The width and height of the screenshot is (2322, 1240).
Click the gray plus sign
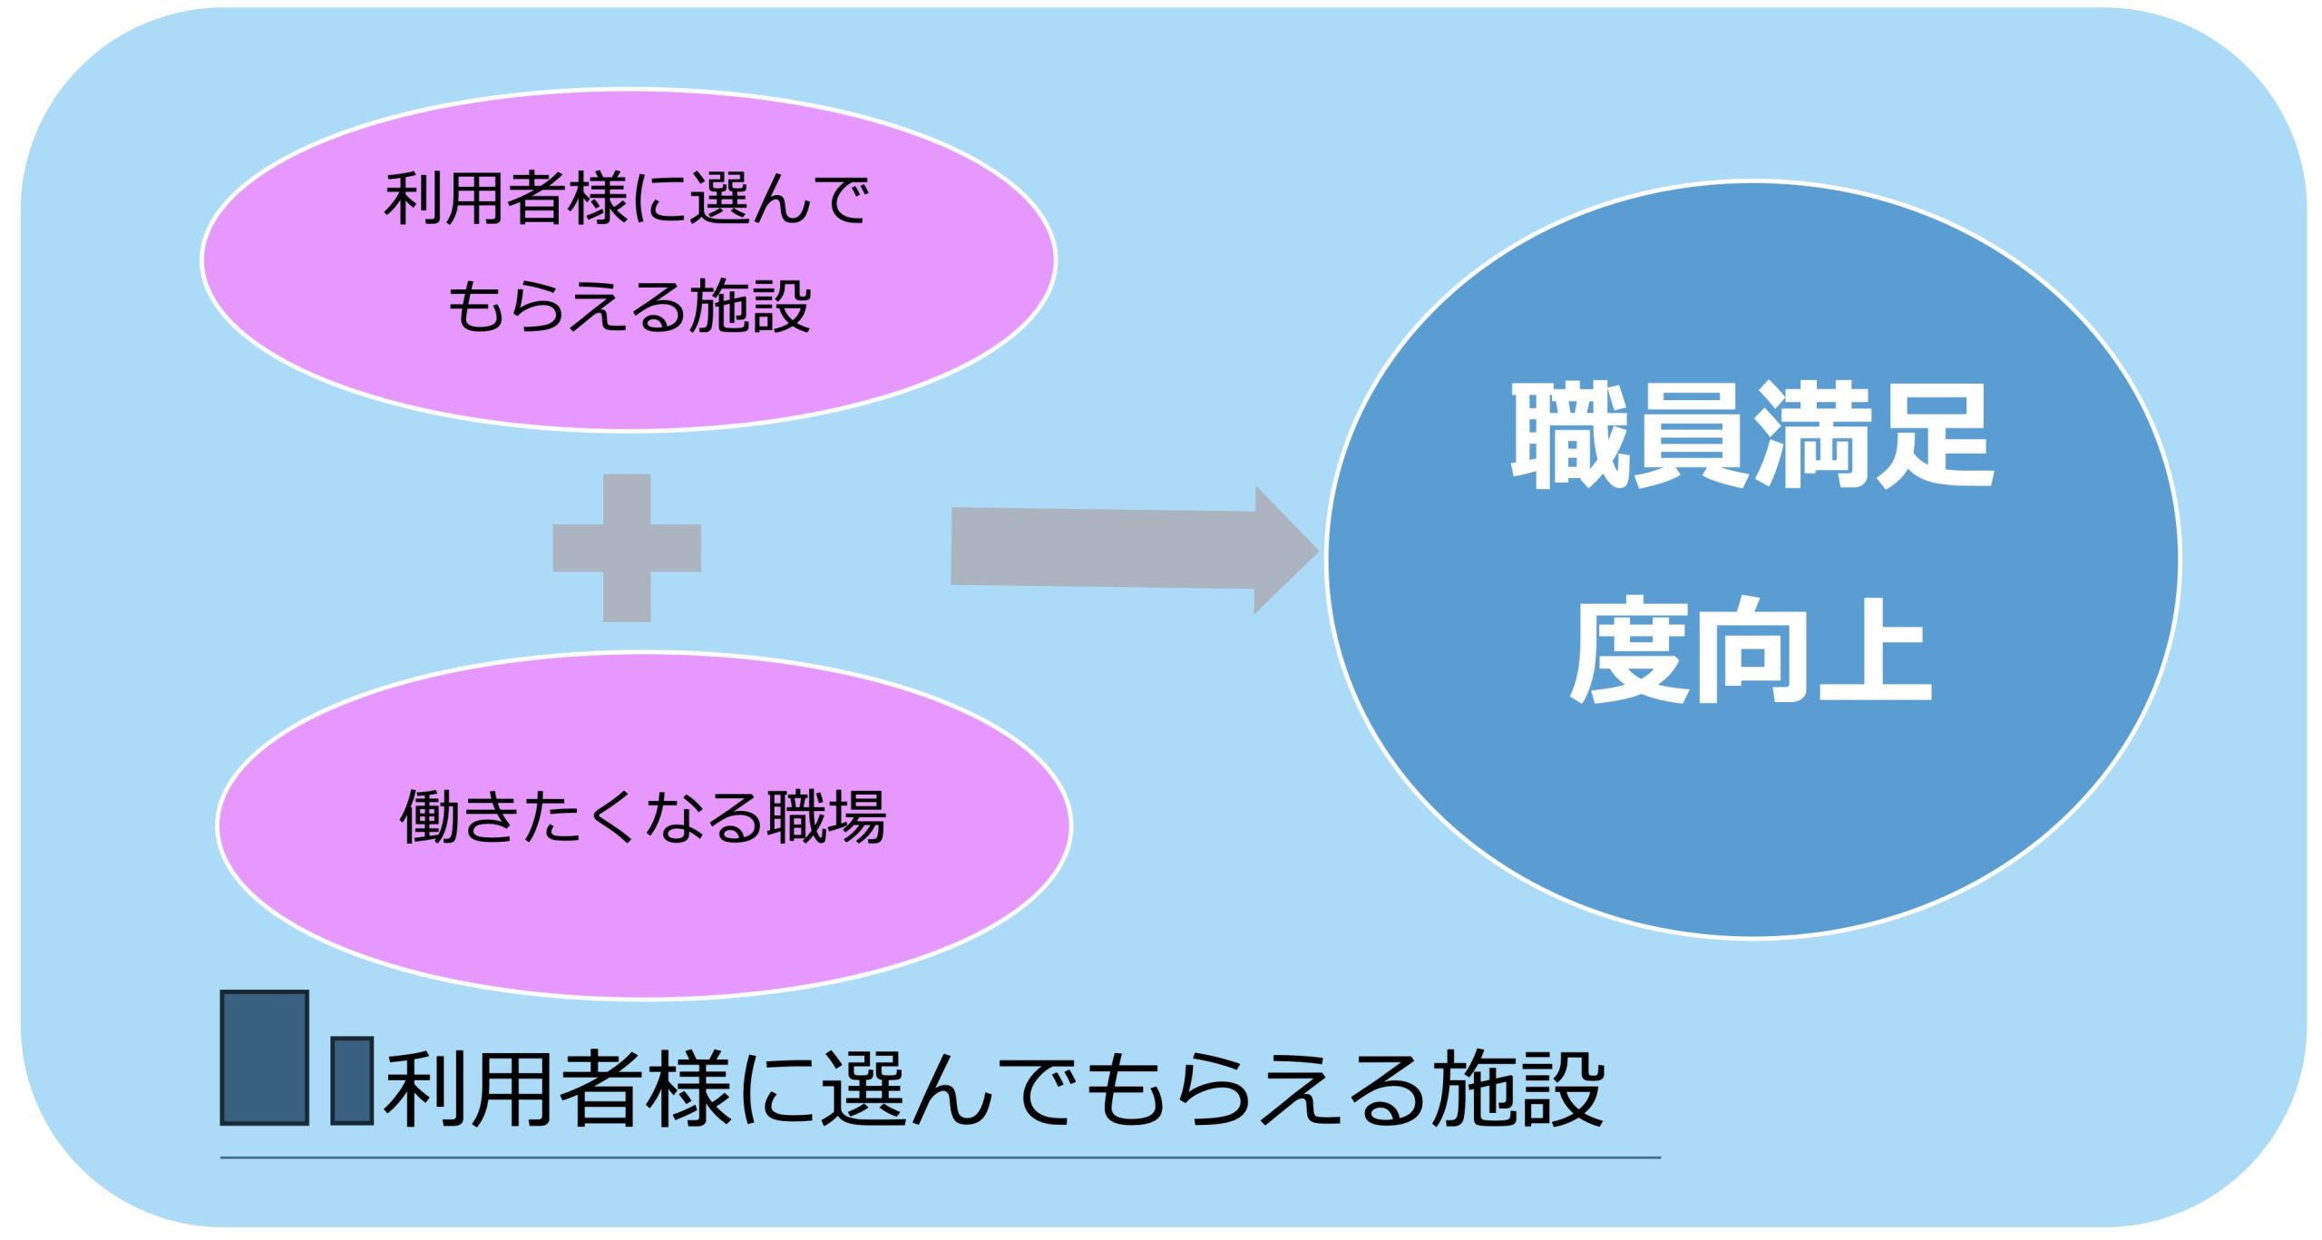[627, 548]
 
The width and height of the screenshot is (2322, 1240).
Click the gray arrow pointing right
[1134, 550]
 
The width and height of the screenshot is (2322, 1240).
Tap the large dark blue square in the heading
[265, 1058]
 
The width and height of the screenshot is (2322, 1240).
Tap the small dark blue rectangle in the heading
[352, 1080]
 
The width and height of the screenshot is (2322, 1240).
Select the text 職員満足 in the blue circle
[1751, 435]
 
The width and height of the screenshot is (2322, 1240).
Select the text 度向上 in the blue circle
[1751, 649]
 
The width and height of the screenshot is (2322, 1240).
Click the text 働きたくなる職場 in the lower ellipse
[643, 817]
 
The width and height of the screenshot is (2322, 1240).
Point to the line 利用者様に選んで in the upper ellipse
[627, 198]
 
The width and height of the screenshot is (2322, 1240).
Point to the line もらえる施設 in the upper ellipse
[629, 306]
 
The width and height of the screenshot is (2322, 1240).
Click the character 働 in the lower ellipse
[430, 817]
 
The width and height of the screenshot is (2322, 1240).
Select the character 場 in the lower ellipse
[857, 817]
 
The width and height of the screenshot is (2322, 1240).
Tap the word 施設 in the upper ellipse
[750, 306]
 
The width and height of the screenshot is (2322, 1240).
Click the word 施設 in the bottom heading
[1519, 1089]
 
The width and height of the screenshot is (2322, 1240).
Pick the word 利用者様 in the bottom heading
[556, 1089]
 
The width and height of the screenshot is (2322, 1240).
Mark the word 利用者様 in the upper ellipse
[505, 198]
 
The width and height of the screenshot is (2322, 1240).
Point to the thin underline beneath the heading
[940, 1157]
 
